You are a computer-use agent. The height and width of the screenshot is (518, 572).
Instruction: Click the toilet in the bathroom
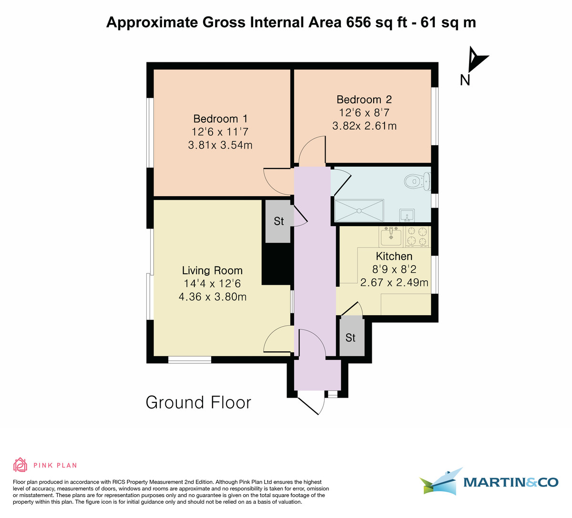pos(416,181)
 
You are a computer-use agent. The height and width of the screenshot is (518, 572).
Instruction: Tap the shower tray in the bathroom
pos(359,210)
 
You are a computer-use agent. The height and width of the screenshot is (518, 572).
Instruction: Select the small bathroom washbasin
pos(407,215)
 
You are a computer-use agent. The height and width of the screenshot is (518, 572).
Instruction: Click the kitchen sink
pos(391,236)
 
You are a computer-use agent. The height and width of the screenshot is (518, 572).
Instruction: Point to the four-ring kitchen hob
pos(417,237)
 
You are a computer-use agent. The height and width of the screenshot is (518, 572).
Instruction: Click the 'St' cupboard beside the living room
pos(278,221)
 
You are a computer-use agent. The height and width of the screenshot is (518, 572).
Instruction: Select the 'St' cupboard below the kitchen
pos(351,337)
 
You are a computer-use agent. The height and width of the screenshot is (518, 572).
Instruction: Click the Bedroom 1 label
pos(220,119)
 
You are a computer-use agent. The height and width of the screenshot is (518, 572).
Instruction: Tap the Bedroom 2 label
pos(364,100)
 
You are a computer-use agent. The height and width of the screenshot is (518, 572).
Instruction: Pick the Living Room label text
pos(212,270)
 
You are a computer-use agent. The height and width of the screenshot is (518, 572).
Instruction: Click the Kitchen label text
pos(394,256)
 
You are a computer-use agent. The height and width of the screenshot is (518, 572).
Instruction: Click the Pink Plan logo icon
pos(20,465)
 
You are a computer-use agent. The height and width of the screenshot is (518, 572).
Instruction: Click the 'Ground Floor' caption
pos(198,402)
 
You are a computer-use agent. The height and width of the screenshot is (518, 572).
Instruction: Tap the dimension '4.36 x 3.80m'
pos(212,297)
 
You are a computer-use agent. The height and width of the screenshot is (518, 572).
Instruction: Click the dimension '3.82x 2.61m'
pos(364,126)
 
